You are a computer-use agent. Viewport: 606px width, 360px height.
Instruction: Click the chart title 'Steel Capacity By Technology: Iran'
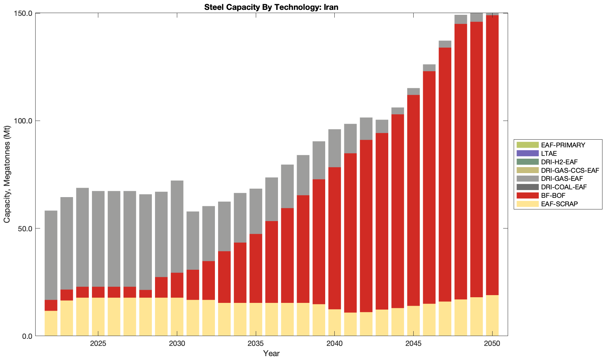tap(271, 7)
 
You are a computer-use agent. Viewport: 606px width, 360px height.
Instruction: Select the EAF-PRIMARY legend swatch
tap(527, 145)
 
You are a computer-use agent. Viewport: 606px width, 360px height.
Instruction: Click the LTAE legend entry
tap(549, 153)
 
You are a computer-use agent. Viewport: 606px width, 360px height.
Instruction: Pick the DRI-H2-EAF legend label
tap(559, 162)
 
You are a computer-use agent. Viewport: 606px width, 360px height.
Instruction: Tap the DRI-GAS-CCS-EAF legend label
tap(570, 170)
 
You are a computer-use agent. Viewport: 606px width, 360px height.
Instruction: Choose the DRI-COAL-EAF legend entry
tap(564, 187)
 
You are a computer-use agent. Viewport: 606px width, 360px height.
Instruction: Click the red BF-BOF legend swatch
tap(527, 196)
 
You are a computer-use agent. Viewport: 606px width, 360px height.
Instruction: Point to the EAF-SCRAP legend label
tap(559, 204)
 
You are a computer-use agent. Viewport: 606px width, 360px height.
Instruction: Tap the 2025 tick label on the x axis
tap(98, 344)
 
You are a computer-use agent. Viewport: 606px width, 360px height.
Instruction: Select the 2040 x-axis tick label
tap(334, 344)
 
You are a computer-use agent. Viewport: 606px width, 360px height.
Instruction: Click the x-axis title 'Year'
tap(271, 353)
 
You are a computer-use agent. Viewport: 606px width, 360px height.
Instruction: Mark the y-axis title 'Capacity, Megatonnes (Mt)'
tap(7, 175)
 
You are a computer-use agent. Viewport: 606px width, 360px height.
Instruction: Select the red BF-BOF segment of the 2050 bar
tap(492, 155)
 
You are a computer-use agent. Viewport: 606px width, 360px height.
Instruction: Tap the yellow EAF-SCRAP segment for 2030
tap(177, 317)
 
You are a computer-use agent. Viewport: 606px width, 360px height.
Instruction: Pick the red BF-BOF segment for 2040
tap(334, 238)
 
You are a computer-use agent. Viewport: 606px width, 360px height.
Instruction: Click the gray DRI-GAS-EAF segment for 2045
tap(413, 92)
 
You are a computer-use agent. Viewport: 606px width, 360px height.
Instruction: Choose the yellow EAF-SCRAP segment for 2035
tap(256, 319)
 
